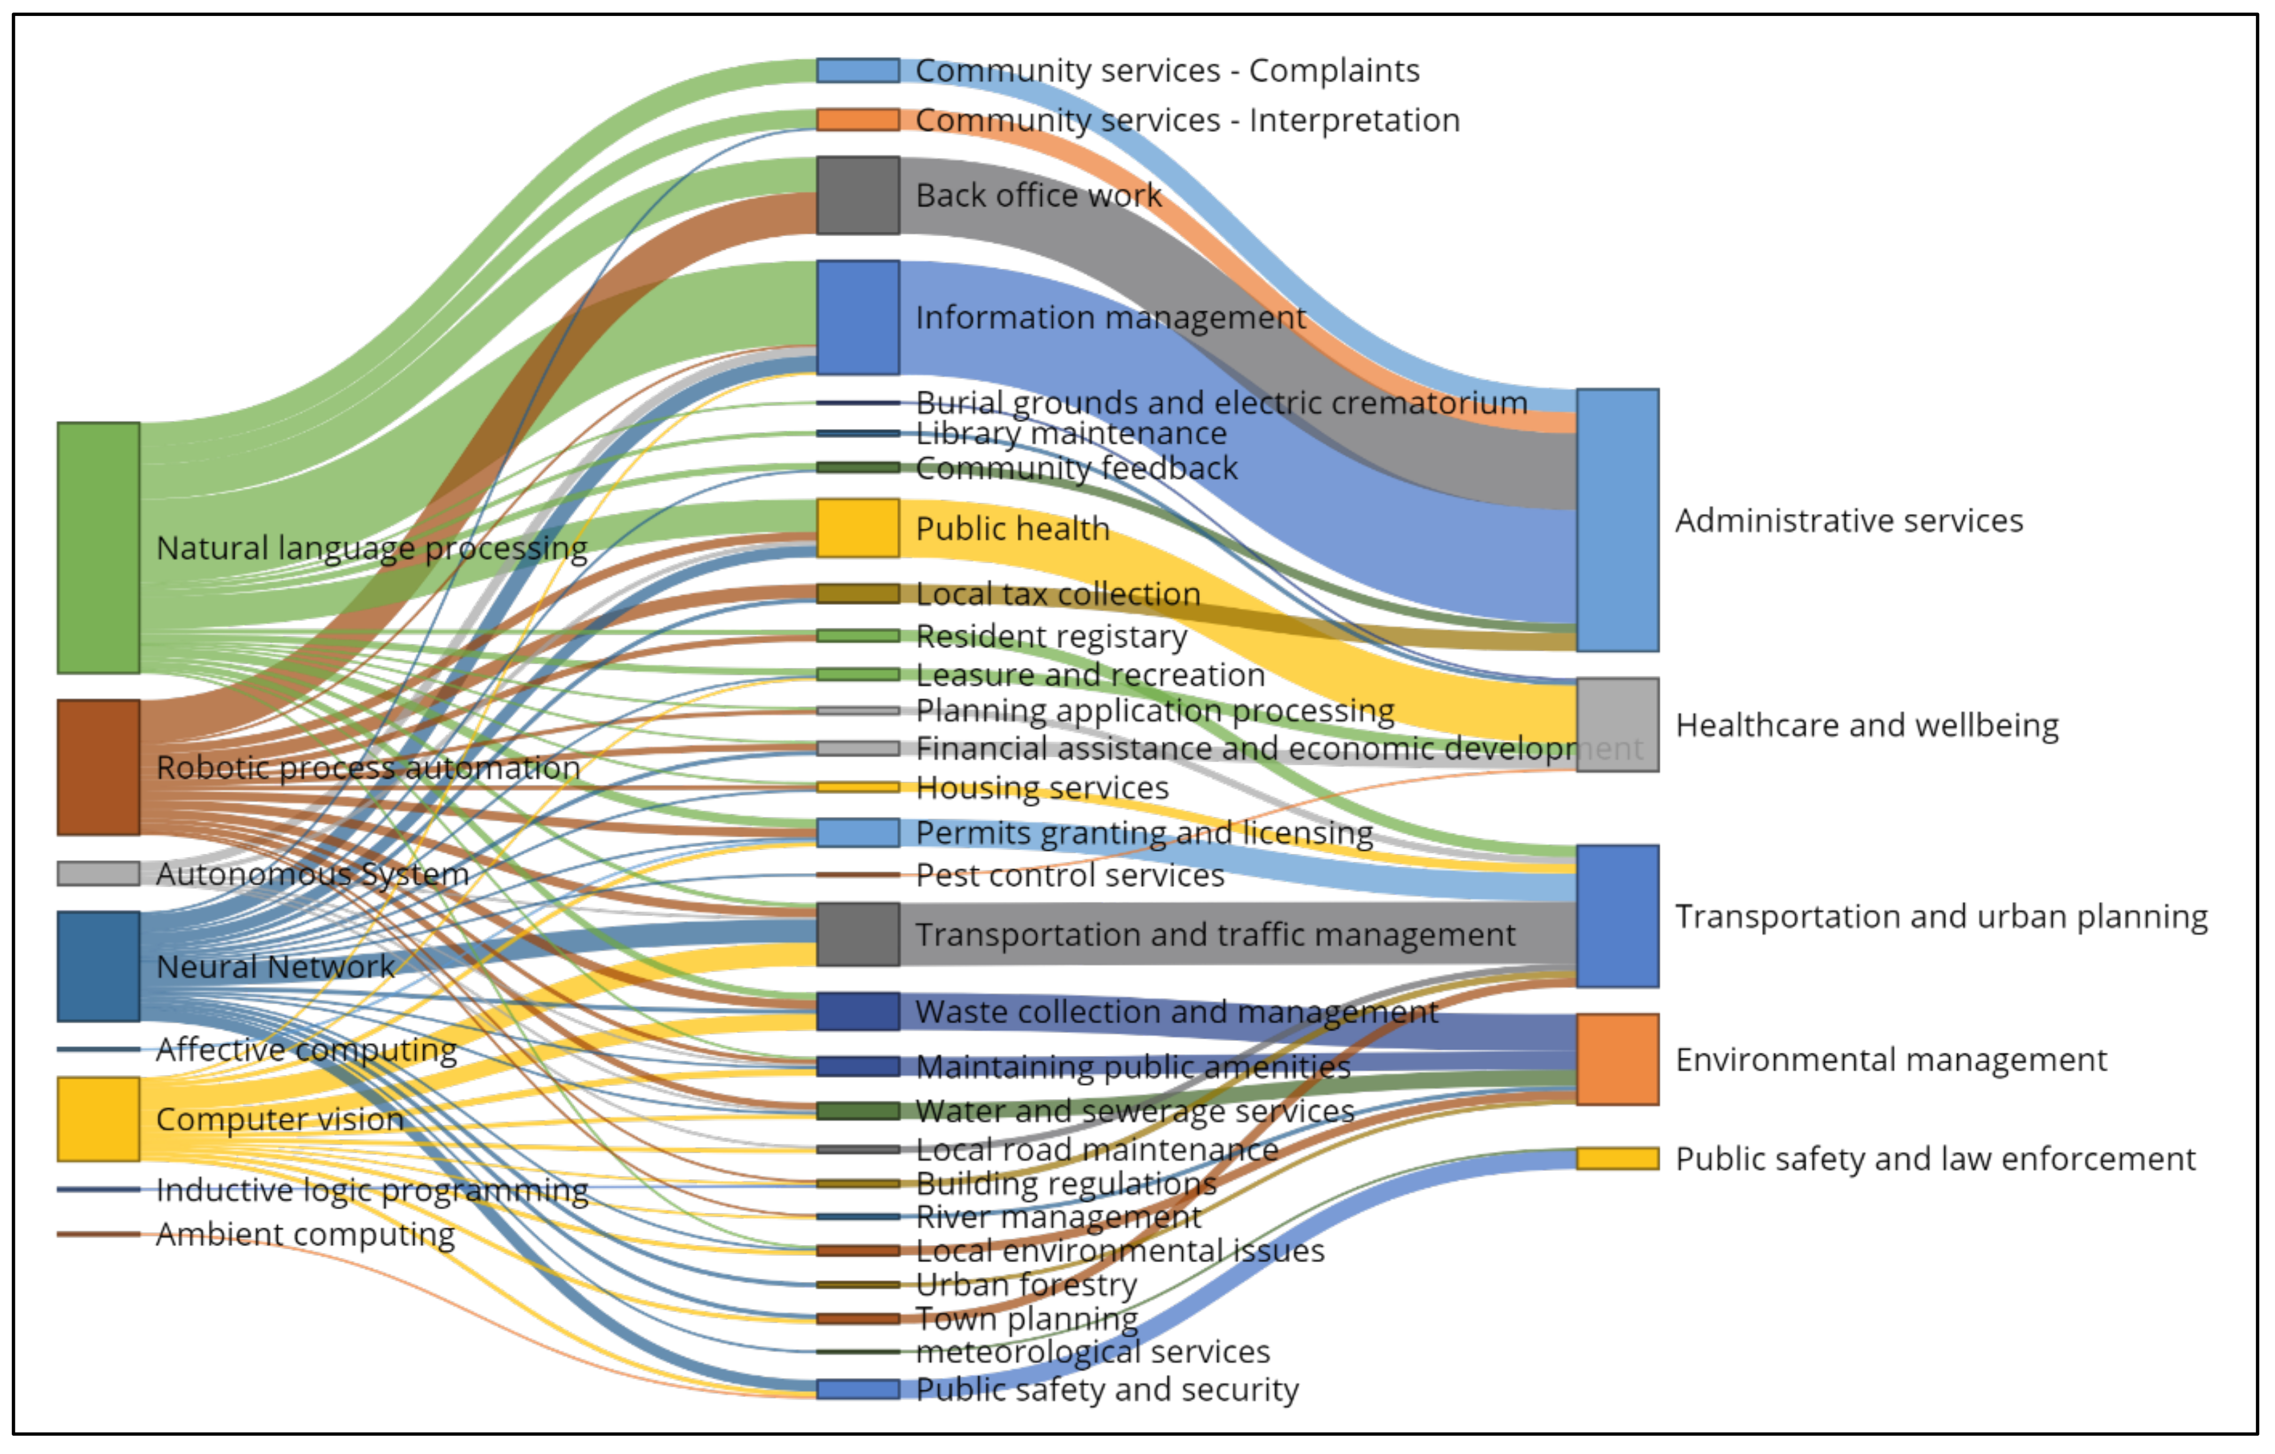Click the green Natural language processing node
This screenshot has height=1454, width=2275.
point(98,548)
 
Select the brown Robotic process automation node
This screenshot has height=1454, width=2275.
point(98,767)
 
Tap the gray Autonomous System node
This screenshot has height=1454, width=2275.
point(98,873)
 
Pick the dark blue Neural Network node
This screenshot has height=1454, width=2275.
point(98,966)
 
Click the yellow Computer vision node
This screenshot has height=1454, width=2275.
point(98,1119)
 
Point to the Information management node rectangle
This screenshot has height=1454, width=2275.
point(858,318)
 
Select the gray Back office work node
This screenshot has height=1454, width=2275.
point(858,195)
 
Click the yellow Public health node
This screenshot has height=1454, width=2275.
point(858,528)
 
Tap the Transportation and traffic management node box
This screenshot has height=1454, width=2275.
point(858,934)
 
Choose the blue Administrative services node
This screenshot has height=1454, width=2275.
point(1617,520)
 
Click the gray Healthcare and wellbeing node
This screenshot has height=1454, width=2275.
point(1617,725)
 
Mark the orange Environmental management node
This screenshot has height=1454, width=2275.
point(1617,1059)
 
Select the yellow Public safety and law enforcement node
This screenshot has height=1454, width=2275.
point(1617,1158)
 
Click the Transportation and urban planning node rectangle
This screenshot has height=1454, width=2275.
point(1617,916)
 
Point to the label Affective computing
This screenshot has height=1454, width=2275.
point(306,1049)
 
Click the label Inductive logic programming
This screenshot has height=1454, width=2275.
point(372,1190)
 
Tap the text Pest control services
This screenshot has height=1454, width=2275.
point(1069,875)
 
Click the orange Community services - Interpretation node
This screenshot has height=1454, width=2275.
point(858,120)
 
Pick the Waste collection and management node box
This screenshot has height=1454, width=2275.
point(858,1011)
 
